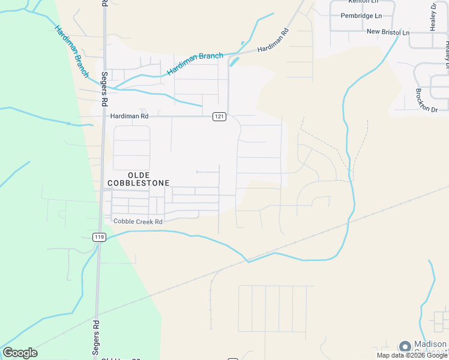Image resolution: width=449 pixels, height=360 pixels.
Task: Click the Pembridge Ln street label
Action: pyautogui.click(x=361, y=16)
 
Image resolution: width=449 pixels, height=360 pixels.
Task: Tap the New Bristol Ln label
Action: pyautogui.click(x=388, y=31)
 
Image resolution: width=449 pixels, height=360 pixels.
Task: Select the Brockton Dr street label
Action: pyautogui.click(x=427, y=100)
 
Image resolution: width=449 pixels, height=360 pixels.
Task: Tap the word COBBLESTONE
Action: pyautogui.click(x=138, y=182)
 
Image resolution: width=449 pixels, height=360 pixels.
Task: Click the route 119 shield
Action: pyautogui.click(x=99, y=237)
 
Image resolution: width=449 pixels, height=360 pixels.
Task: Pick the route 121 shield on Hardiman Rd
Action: pyautogui.click(x=219, y=116)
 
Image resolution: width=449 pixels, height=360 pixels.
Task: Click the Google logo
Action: pyautogui.click(x=20, y=353)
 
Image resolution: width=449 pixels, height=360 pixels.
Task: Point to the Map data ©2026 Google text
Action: pyautogui.click(x=412, y=355)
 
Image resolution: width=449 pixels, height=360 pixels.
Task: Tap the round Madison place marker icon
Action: pyautogui.click(x=405, y=347)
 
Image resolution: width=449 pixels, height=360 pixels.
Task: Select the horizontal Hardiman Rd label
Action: pyautogui.click(x=128, y=116)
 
